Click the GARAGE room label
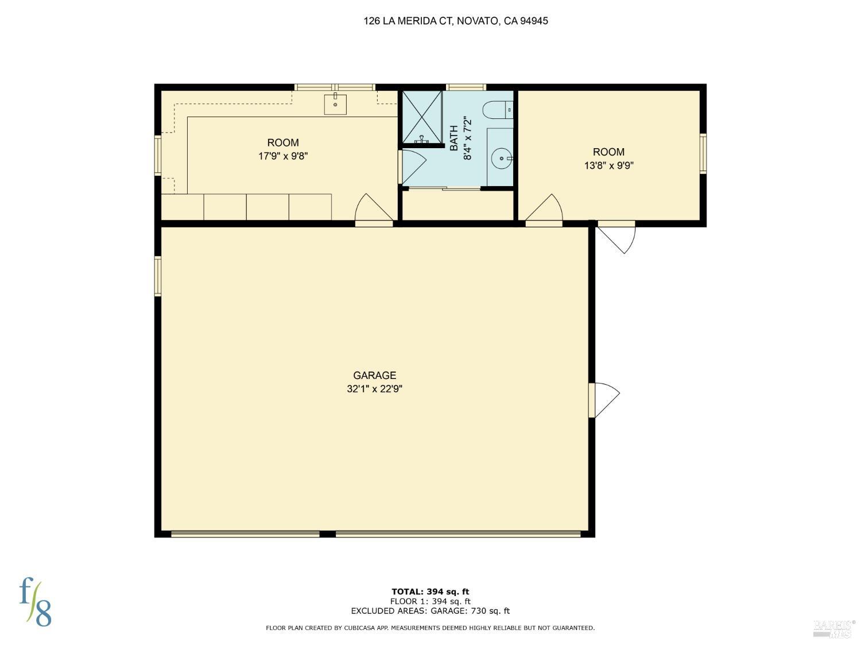[x=374, y=376]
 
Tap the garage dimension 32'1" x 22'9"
[x=374, y=389]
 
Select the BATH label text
[x=454, y=138]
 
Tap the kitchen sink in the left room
[x=335, y=105]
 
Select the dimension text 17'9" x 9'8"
[x=283, y=156]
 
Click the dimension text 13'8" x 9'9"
[x=608, y=165]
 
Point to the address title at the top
[x=456, y=21]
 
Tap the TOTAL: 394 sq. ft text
[x=430, y=591]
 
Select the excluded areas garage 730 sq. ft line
[x=430, y=611]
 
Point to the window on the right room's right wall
[x=703, y=153]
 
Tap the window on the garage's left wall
[x=158, y=276]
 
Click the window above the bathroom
[x=466, y=87]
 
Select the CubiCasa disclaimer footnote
[x=430, y=628]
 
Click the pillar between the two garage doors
[x=327, y=533]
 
